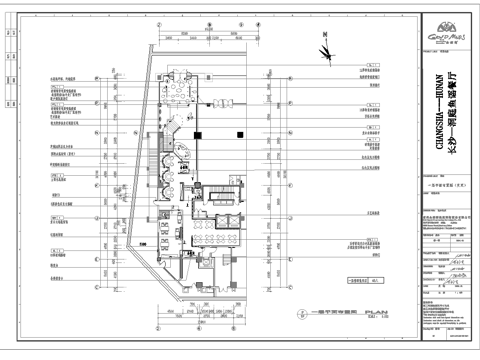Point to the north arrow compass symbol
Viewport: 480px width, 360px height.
325,49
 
